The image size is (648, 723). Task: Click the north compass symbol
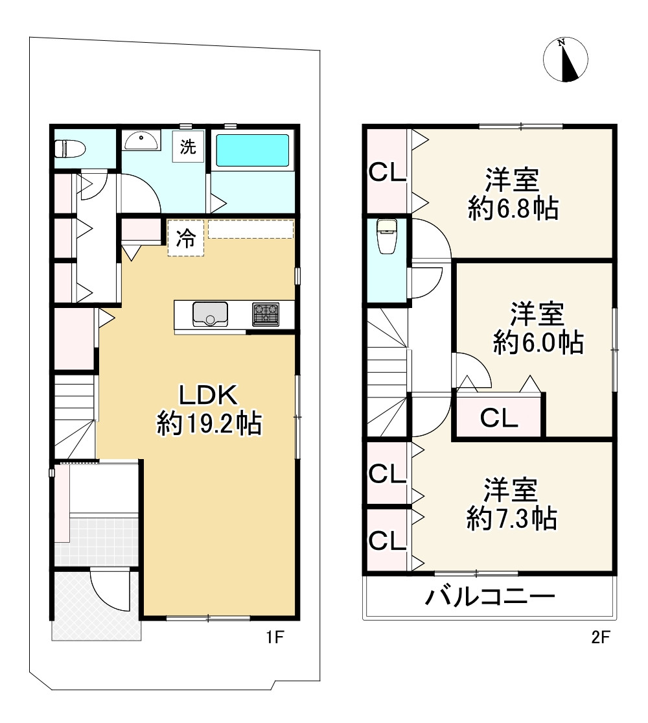click(565, 60)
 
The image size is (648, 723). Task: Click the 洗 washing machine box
click(187, 147)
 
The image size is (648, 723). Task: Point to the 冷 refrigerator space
click(186, 239)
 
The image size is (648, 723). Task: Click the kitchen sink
click(210, 314)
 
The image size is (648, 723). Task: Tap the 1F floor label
click(274, 637)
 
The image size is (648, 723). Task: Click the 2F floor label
click(600, 637)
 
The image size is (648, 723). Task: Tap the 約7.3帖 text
click(512, 518)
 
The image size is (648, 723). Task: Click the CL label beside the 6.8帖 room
click(387, 172)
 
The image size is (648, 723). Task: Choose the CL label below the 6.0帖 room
click(499, 418)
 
